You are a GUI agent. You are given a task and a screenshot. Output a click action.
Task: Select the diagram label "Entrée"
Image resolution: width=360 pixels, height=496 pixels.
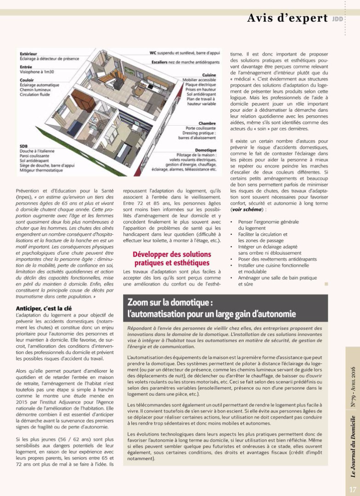[x=26, y=67]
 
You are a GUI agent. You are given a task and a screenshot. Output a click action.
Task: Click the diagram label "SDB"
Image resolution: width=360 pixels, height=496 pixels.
[x=24, y=146]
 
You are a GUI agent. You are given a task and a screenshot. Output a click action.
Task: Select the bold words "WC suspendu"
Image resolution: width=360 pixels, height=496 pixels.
[x=163, y=53]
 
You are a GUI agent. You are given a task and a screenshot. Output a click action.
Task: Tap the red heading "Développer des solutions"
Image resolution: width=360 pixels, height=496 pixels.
[x=172, y=255]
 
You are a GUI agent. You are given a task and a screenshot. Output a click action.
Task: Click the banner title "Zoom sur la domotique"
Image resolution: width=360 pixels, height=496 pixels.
[x=170, y=303]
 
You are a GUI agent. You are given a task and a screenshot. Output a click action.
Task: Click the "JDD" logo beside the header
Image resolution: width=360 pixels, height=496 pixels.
[x=337, y=19]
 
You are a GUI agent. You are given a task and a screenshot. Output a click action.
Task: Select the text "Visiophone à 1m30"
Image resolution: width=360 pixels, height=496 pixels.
[x=37, y=72]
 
